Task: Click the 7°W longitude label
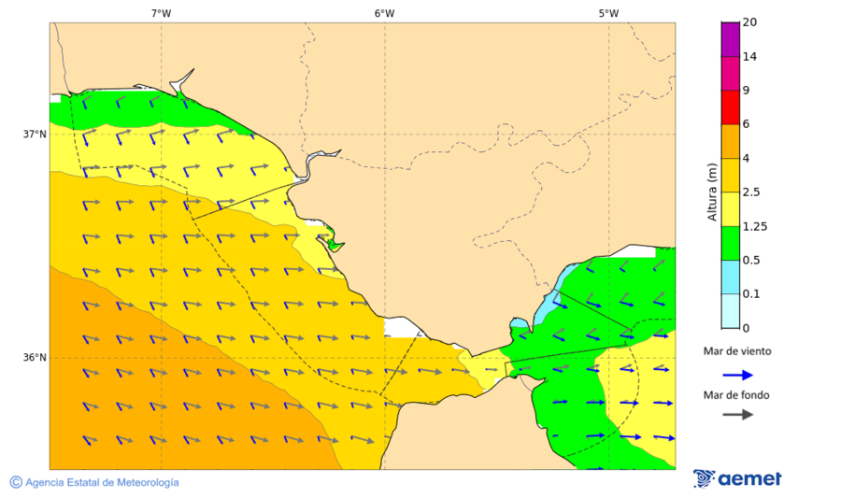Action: [x=161, y=13]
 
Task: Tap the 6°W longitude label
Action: [x=384, y=13]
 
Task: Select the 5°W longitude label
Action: [x=608, y=13]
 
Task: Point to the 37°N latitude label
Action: [x=35, y=134]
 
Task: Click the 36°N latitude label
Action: [x=35, y=358]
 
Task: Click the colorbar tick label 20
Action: [x=749, y=22]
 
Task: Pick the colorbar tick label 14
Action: [x=749, y=57]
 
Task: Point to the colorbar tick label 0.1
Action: [x=750, y=294]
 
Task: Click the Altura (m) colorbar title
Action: [x=712, y=192]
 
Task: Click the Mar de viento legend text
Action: [x=737, y=351]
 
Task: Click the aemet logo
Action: [x=737, y=478]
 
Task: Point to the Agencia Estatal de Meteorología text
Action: [x=102, y=482]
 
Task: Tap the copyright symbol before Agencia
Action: [x=16, y=482]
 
